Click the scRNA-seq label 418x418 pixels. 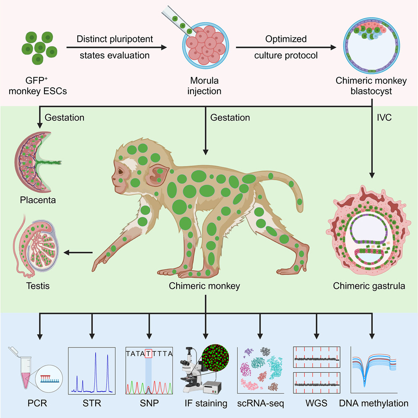[260, 404]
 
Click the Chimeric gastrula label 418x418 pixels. [369, 286]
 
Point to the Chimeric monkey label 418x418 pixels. [204, 286]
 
